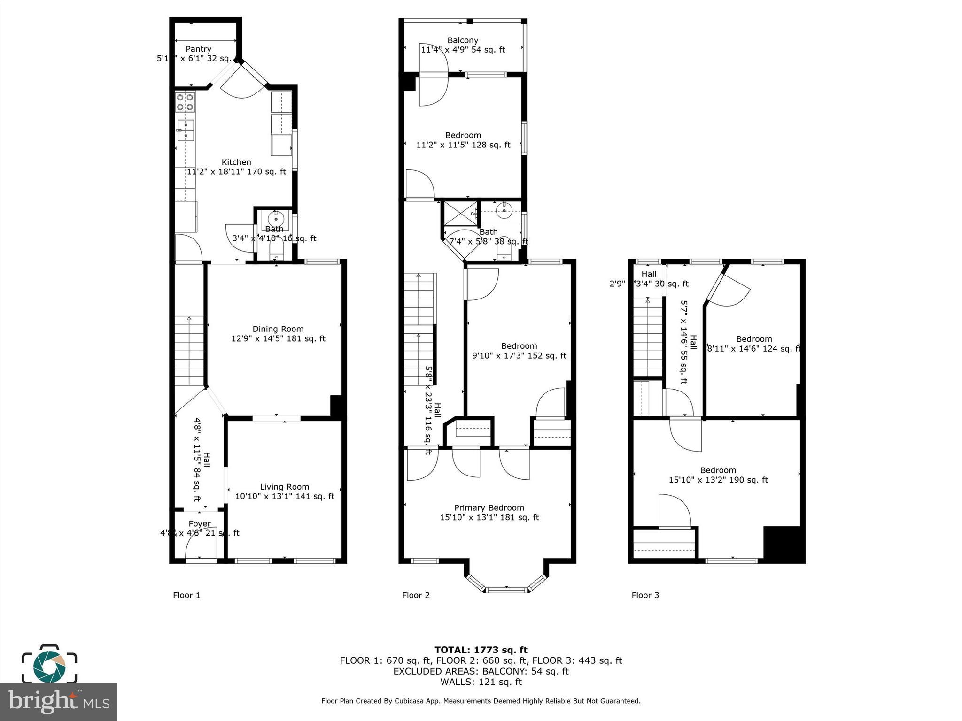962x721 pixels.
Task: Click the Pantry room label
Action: [x=198, y=49]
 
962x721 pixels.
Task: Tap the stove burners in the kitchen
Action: [x=185, y=102]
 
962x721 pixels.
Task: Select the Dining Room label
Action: [x=278, y=329]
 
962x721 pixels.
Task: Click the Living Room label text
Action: [x=285, y=487]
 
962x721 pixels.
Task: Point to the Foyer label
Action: [x=200, y=523]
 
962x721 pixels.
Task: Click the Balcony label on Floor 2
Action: [x=463, y=40]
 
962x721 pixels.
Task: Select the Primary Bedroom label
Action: [x=489, y=507]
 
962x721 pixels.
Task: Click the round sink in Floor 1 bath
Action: [x=275, y=218]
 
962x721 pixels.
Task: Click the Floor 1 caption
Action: [x=186, y=595]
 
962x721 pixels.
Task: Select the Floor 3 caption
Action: [x=645, y=595]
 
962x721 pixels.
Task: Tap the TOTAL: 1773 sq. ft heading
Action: [x=481, y=650]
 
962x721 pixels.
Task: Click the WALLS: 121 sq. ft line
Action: [x=481, y=682]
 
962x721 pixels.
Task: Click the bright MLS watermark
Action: [x=59, y=701]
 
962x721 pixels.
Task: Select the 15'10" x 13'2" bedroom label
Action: [x=718, y=475]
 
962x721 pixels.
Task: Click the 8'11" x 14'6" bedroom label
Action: [x=753, y=344]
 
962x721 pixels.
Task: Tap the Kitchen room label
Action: [x=236, y=162]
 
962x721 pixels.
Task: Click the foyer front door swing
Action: [x=201, y=547]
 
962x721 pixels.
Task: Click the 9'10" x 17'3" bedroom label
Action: [x=519, y=351]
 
